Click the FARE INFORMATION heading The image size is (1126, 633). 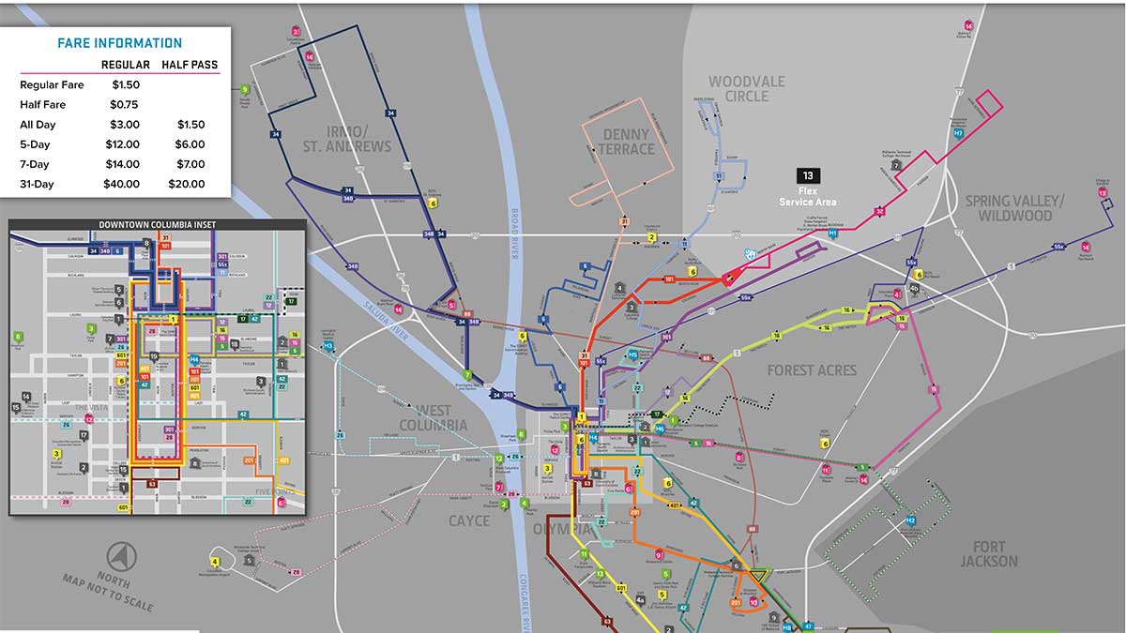120,43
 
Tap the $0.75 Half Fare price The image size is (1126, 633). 124,104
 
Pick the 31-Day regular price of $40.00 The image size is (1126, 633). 121,184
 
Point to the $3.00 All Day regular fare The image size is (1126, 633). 124,125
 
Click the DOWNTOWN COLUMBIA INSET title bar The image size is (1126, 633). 157,225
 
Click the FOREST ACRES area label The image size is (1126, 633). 811,370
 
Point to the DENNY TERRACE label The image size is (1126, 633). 627,142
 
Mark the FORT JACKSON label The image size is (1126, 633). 988,554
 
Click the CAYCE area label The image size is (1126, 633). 468,520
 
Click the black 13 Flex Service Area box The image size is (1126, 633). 808,175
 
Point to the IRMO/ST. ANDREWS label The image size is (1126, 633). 346,138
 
